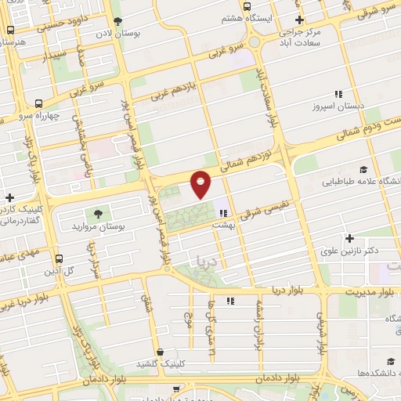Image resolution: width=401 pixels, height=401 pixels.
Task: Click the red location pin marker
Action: (201, 184)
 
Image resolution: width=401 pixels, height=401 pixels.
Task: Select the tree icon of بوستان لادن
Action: (117, 22)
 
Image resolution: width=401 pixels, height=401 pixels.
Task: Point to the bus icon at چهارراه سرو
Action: (39, 103)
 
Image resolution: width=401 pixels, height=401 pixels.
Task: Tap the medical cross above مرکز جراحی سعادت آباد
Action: (298, 20)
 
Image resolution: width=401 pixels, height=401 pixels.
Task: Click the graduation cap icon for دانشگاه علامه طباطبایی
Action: (363, 169)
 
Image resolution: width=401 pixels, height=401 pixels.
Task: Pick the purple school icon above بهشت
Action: (222, 211)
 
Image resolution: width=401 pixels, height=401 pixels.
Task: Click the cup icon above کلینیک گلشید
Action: (160, 352)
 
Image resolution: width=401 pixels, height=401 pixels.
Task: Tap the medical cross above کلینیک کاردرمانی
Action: (9, 198)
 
